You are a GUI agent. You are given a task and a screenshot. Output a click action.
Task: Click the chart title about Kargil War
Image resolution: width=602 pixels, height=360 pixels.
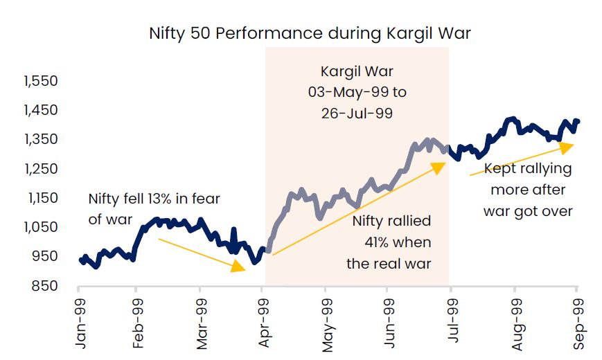click(310, 33)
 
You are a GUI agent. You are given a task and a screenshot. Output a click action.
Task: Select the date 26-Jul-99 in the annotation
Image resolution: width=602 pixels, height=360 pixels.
click(357, 113)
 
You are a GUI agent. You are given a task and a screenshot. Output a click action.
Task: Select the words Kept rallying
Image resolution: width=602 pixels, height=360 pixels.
click(527, 168)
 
